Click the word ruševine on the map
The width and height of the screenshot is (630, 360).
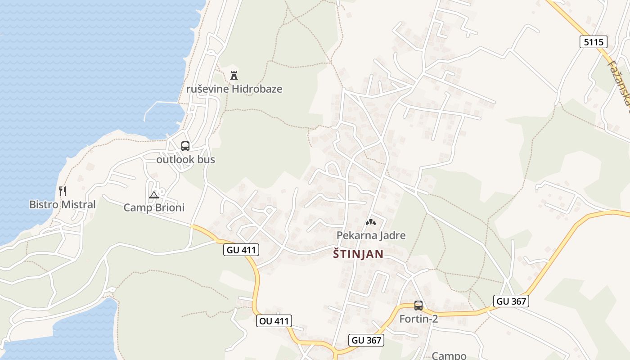[207, 89]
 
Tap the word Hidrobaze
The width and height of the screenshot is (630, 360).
[257, 89]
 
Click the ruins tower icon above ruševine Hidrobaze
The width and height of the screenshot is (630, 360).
[234, 75]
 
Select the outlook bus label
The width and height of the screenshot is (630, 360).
[185, 159]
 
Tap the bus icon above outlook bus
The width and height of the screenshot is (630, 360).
[185, 146]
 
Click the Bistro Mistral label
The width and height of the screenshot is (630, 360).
[63, 205]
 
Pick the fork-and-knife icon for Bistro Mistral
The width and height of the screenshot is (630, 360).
[63, 191]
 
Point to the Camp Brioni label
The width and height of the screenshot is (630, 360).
[154, 208]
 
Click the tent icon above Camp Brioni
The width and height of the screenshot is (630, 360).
[154, 195]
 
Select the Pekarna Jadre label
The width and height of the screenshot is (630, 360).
[371, 235]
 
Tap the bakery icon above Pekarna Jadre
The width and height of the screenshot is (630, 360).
[371, 222]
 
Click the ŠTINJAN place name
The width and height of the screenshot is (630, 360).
[358, 254]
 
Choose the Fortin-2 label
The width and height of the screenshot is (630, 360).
[418, 319]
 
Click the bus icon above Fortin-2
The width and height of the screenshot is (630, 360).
[418, 306]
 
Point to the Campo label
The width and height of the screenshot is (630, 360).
[449, 355]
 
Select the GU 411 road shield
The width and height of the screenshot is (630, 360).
[241, 250]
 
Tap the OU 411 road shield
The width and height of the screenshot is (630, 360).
[274, 321]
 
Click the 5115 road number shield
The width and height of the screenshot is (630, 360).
[593, 42]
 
